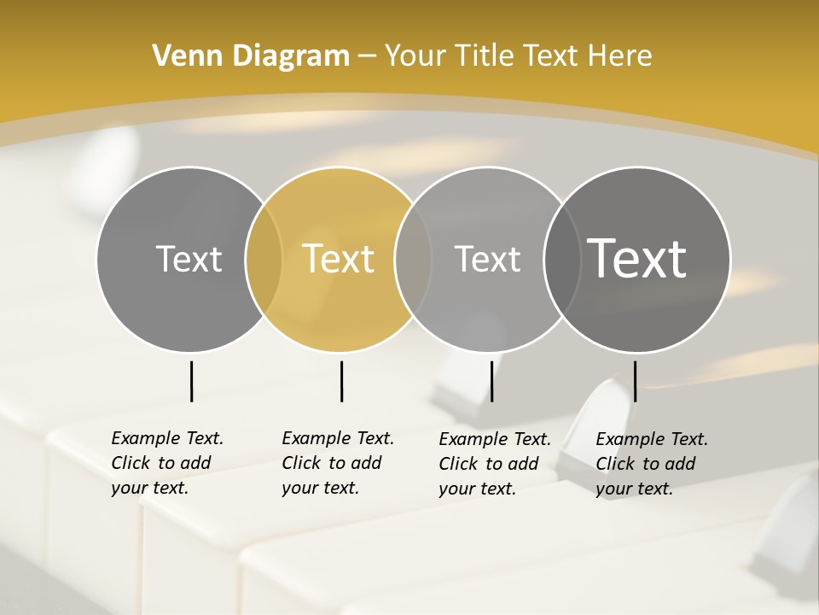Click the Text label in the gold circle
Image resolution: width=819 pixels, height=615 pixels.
coord(339,259)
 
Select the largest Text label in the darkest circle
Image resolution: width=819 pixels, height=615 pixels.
coord(636,258)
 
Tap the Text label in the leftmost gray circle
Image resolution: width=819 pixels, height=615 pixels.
coord(189,259)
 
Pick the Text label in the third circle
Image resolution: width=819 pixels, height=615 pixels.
coord(487,259)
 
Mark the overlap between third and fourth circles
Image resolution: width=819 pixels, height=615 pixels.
coord(561,259)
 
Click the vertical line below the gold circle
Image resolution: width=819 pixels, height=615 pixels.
coord(341,381)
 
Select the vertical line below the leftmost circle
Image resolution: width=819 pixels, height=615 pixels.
coord(191,381)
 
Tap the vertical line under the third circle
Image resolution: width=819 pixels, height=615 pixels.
coord(491,381)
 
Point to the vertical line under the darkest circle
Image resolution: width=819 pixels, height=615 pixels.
coord(635,381)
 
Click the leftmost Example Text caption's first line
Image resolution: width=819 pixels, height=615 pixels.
coord(167,438)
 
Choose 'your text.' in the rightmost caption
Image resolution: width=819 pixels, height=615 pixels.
coord(634,489)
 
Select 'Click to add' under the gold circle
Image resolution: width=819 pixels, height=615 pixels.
coord(331,463)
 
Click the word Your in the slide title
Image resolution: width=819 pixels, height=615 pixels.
coord(414,56)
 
